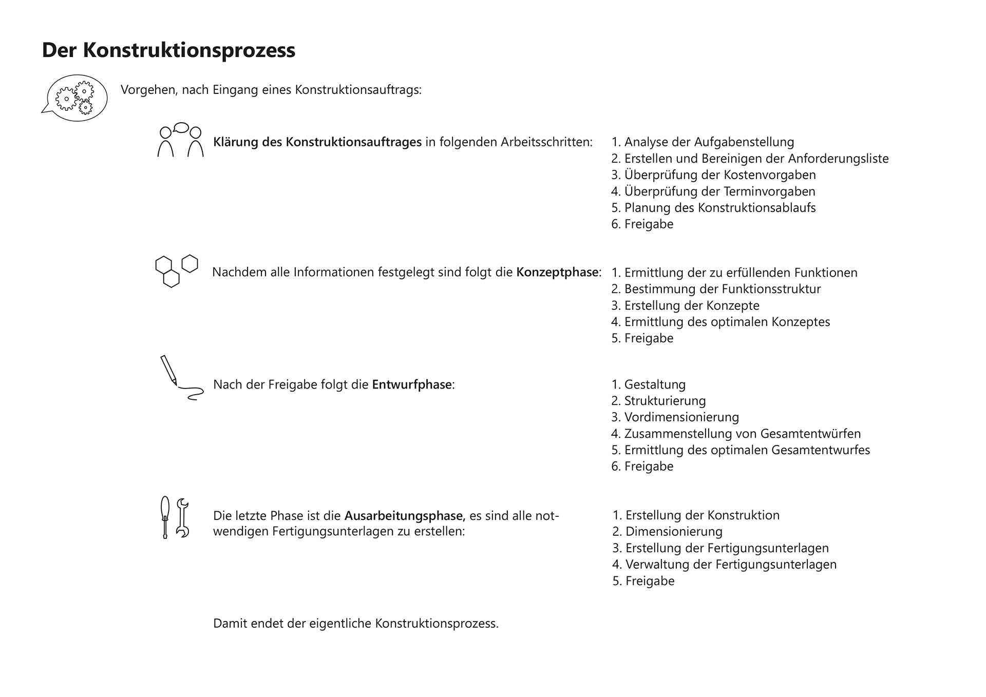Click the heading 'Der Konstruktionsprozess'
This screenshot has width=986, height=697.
(x=168, y=50)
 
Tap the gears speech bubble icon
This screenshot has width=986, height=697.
(x=75, y=98)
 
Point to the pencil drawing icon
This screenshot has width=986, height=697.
(x=180, y=378)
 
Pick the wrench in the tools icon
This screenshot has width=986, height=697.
(x=182, y=517)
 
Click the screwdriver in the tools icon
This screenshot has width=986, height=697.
(x=165, y=517)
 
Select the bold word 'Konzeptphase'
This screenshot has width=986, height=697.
(x=557, y=272)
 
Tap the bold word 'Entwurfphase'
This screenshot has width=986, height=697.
(x=412, y=384)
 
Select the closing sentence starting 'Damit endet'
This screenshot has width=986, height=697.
(x=356, y=624)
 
